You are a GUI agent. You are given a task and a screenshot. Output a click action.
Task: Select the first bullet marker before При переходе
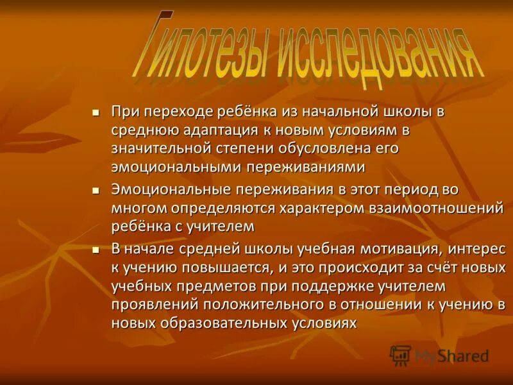(96, 112)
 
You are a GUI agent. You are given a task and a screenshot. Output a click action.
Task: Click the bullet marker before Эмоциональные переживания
(96, 191)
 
